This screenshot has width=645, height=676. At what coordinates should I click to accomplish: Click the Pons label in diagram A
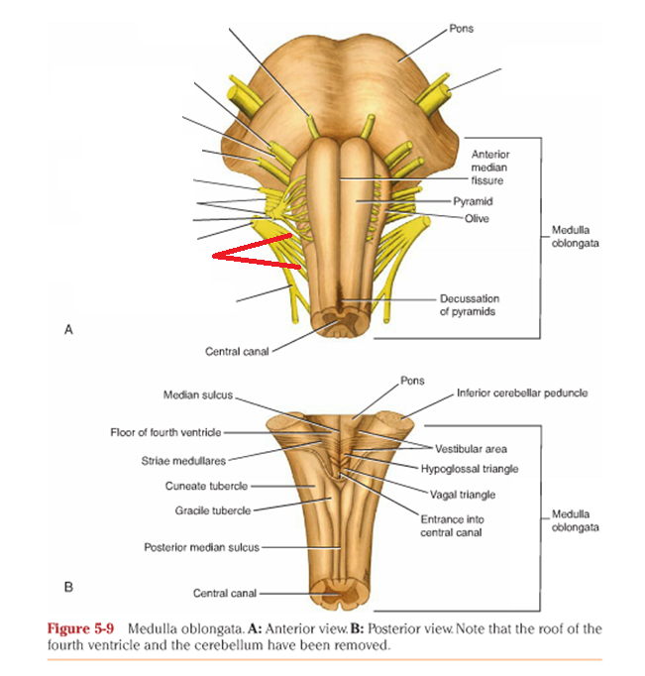(461, 29)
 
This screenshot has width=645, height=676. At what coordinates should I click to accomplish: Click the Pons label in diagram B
(412, 381)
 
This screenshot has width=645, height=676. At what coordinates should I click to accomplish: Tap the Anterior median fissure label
(487, 168)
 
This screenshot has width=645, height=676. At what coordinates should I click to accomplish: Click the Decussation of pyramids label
(470, 304)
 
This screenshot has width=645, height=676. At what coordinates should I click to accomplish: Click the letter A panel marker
(68, 331)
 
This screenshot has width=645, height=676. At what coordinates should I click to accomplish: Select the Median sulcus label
(198, 394)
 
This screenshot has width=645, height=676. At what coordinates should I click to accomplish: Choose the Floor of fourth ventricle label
(165, 432)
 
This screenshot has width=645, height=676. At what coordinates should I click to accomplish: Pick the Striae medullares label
(183, 460)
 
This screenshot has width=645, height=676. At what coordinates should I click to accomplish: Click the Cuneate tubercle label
(206, 486)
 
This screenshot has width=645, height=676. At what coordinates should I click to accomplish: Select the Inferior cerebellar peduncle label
(521, 394)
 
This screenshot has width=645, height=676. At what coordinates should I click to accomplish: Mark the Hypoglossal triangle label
(469, 468)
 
